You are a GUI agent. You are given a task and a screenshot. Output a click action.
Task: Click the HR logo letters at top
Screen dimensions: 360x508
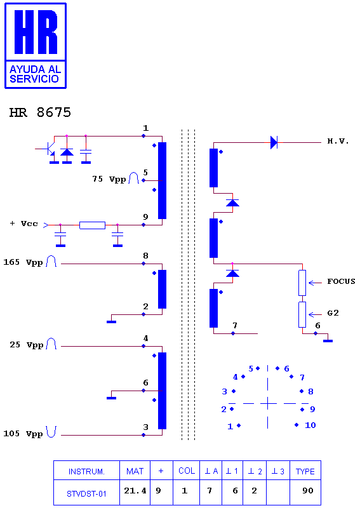pyautogui.click(x=36, y=32)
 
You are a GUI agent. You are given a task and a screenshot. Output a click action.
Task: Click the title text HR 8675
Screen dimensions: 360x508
pyautogui.click(x=40, y=113)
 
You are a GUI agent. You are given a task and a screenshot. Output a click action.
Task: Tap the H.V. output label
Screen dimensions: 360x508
pyautogui.click(x=338, y=141)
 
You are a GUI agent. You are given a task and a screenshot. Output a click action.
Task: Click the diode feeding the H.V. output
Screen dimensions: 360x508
pyautogui.click(x=274, y=142)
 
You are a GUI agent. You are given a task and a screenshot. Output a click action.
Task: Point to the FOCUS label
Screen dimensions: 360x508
pyautogui.click(x=341, y=281)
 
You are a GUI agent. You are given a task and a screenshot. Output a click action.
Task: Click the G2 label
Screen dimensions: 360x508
pyautogui.click(x=333, y=313)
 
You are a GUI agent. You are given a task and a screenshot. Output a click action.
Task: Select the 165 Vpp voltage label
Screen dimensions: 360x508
pyautogui.click(x=23, y=262)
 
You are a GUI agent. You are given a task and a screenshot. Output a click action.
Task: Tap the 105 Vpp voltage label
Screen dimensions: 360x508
pyautogui.click(x=23, y=434)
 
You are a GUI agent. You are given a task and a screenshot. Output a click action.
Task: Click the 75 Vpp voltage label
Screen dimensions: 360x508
pyautogui.click(x=109, y=179)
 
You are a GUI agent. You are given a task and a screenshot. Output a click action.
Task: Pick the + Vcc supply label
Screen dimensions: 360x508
pyautogui.click(x=24, y=224)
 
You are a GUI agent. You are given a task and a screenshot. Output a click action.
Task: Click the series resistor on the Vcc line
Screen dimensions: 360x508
pyautogui.click(x=92, y=225)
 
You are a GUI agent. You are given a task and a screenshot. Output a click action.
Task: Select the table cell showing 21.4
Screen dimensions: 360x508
pyautogui.click(x=135, y=491)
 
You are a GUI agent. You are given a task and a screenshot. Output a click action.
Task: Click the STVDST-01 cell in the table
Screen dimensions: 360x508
pyautogui.click(x=86, y=494)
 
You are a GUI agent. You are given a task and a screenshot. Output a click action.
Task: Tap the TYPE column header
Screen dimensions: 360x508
pyautogui.click(x=305, y=471)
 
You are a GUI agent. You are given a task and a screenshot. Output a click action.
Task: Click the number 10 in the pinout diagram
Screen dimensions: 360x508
pyautogui.click(x=310, y=425)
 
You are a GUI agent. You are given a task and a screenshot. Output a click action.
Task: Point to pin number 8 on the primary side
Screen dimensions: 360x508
pyautogui.click(x=145, y=256)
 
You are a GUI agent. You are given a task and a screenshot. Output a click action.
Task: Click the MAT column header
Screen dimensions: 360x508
pyautogui.click(x=135, y=471)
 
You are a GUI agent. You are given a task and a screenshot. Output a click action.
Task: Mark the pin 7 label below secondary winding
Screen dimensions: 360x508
pyautogui.click(x=235, y=325)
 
